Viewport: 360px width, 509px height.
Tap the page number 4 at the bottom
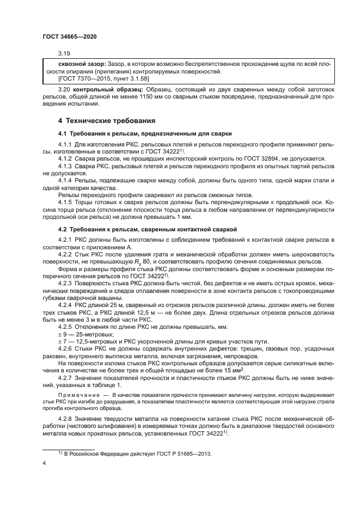click(x=45, y=463)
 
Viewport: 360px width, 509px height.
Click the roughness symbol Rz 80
click(x=136, y=261)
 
